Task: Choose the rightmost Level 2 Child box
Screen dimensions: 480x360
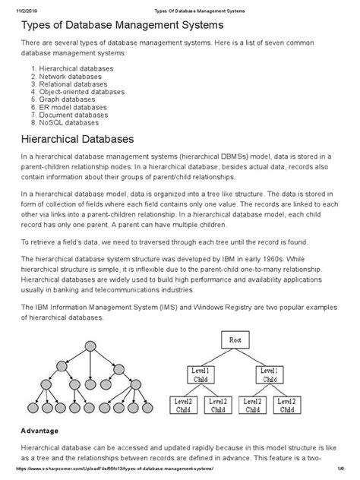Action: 289,405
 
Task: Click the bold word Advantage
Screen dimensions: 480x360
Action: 47,431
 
